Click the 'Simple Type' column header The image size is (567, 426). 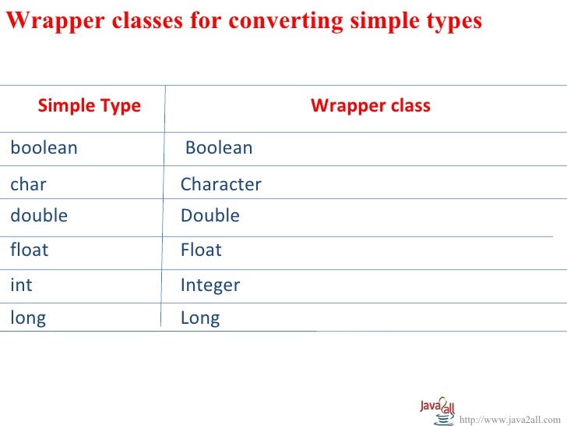tap(89, 106)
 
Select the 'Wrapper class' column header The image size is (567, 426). tap(370, 106)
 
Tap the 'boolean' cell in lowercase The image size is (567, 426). tap(44, 148)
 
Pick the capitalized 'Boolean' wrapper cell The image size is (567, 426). tap(219, 148)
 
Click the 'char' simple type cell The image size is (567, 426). tap(28, 185)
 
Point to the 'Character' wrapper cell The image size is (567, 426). tap(220, 185)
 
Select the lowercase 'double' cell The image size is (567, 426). tap(39, 216)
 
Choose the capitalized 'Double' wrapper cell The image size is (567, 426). tap(210, 216)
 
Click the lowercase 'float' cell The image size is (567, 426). tap(29, 250)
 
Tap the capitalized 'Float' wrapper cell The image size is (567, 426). tap(201, 250)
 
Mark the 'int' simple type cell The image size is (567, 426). tap(21, 286)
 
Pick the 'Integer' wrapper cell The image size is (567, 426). tap(210, 286)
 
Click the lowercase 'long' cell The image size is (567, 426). tap(28, 318)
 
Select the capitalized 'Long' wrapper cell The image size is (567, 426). tap(200, 318)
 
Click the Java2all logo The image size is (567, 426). tap(438, 409)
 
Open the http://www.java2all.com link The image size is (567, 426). tap(510, 421)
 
